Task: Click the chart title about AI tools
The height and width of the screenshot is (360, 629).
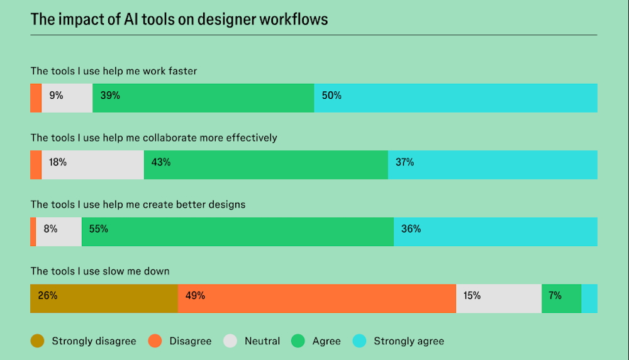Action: pyautogui.click(x=179, y=19)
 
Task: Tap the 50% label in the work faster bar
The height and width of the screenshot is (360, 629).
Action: pyautogui.click(x=331, y=96)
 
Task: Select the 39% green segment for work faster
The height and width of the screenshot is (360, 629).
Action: pyautogui.click(x=203, y=98)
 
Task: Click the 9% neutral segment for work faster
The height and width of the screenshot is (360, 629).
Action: pyautogui.click(x=67, y=98)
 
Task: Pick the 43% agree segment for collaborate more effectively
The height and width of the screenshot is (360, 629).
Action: pyautogui.click(x=265, y=165)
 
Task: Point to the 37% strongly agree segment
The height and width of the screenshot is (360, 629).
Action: pyautogui.click(x=492, y=165)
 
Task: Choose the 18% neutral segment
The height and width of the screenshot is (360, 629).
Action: pyautogui.click(x=92, y=165)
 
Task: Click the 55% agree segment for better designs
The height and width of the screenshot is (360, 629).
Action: pyautogui.click(x=237, y=232)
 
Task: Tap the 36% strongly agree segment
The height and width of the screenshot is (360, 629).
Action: pyautogui.click(x=495, y=232)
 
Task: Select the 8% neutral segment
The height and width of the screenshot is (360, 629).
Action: pyautogui.click(x=58, y=232)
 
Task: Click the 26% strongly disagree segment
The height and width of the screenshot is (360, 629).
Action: pyautogui.click(x=104, y=298)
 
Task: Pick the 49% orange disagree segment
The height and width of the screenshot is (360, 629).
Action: pyautogui.click(x=316, y=298)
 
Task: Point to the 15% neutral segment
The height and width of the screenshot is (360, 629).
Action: pyautogui.click(x=498, y=298)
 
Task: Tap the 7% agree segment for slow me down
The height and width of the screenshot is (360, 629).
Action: pyautogui.click(x=561, y=298)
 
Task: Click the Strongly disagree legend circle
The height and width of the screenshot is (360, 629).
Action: pyautogui.click(x=37, y=341)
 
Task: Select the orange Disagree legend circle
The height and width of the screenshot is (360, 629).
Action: pyautogui.click(x=155, y=341)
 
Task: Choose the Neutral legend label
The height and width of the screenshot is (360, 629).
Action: pyautogui.click(x=262, y=341)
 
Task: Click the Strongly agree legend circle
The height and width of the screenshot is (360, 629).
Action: pyautogui.click(x=359, y=341)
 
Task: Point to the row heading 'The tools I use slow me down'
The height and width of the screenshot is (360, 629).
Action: pyautogui.click(x=100, y=271)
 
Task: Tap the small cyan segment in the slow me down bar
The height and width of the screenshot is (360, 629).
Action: pyautogui.click(x=589, y=298)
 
